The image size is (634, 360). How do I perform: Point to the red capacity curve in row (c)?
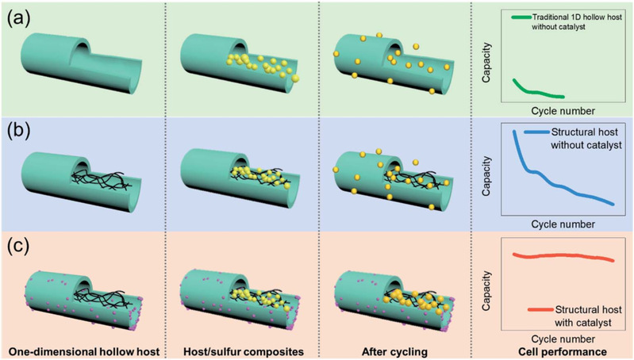(x=563, y=257)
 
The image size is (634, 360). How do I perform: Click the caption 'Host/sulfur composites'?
(x=240, y=350)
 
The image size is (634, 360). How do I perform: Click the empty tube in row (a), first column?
(x=75, y=63)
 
